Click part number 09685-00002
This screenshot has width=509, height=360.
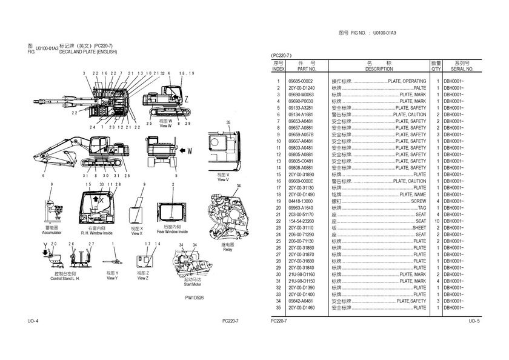tap(301, 81)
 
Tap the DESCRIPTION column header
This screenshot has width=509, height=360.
tap(379, 70)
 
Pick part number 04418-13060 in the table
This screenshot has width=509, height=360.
tap(301, 201)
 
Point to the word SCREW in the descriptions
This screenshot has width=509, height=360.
tap(419, 201)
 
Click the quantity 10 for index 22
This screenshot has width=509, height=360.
tap(436, 221)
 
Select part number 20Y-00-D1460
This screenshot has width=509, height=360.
tap(302, 308)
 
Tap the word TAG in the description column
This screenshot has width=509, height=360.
tap(422, 208)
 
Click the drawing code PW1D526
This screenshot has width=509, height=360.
tap(195, 298)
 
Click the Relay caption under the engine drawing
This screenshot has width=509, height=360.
tap(227, 250)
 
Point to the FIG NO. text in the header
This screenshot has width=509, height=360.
tap(360, 32)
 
